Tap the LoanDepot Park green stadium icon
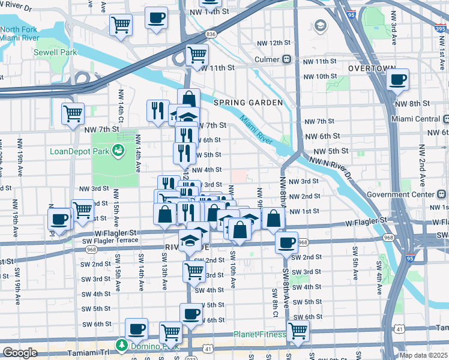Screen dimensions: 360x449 119,150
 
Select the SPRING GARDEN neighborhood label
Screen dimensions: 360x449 247,103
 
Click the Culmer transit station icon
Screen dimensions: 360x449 288,59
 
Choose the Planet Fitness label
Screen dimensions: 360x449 259,334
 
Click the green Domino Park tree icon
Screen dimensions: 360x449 122,346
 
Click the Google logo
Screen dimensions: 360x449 20,353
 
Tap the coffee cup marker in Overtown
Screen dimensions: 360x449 398,80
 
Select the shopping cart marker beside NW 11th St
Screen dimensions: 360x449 197,55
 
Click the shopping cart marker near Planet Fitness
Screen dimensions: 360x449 298,330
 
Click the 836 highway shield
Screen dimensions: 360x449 211,35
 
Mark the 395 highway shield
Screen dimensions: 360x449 441,26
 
